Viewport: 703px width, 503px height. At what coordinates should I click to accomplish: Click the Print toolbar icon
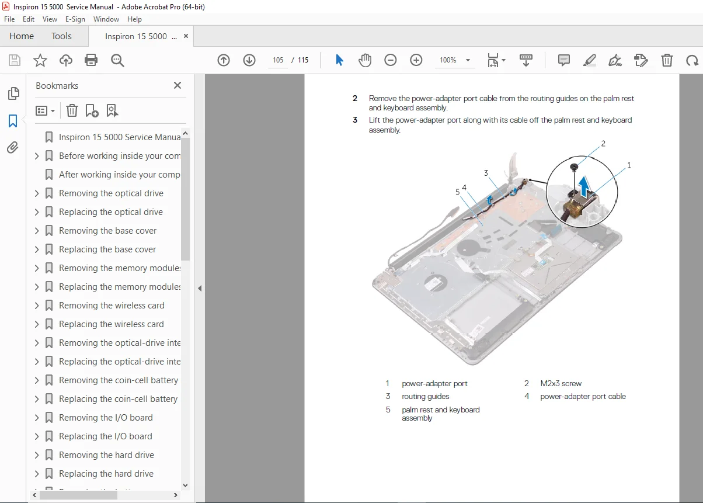(91, 60)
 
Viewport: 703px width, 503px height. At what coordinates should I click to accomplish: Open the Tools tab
(61, 36)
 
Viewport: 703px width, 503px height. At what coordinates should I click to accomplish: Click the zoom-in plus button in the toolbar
(416, 60)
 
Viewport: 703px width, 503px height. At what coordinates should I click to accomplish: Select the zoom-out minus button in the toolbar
(391, 60)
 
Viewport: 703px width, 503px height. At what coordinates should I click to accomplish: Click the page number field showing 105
(278, 60)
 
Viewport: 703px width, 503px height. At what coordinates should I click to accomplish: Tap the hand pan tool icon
(365, 60)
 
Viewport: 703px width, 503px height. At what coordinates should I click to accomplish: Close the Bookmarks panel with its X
(178, 85)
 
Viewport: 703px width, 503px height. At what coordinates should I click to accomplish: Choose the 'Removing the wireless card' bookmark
(112, 305)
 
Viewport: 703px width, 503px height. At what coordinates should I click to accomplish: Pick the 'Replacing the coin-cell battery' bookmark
(118, 399)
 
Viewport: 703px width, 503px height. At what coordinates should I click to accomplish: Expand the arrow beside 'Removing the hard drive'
(37, 455)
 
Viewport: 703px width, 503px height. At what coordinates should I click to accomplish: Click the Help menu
(134, 19)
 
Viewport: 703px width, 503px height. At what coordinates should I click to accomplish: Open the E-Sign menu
(75, 19)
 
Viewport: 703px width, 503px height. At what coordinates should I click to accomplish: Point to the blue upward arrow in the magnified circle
(584, 186)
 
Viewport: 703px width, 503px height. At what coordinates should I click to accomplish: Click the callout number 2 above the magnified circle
(603, 144)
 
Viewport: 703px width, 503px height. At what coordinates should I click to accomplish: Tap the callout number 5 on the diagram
(458, 192)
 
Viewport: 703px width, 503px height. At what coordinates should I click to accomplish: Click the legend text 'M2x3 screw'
(561, 383)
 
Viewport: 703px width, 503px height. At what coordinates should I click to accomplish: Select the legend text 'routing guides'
(425, 397)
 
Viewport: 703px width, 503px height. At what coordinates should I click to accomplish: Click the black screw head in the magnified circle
(574, 167)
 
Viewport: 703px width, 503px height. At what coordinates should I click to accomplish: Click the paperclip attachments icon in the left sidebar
(13, 148)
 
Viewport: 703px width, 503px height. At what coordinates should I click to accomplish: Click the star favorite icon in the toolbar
(40, 60)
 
